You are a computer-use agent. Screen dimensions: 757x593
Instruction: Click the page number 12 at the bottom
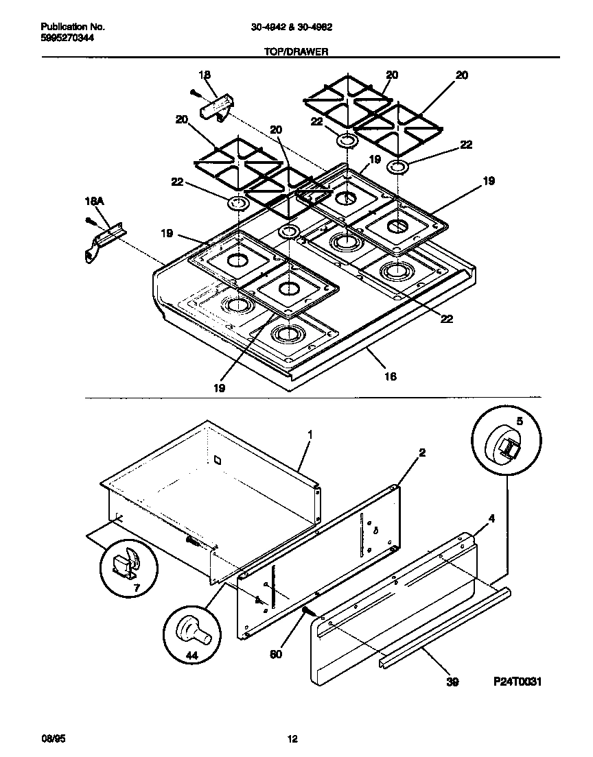[292, 738]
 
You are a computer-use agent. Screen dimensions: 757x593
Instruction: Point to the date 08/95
[54, 738]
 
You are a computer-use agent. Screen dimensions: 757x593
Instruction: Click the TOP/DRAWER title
[296, 51]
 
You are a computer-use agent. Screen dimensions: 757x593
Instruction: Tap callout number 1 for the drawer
[310, 435]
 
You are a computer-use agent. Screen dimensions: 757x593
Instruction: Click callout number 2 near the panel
[422, 453]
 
